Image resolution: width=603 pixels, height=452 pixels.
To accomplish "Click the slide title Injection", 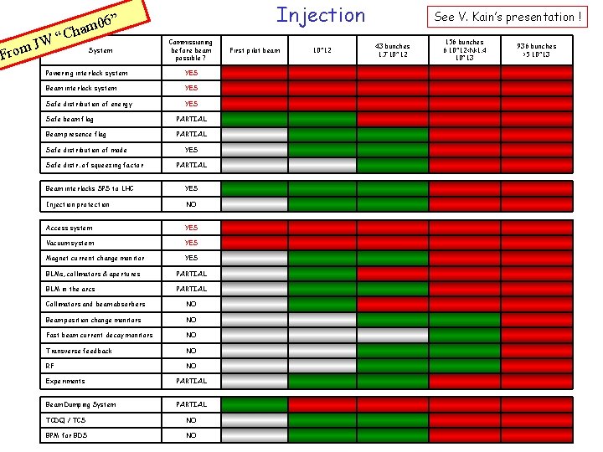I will (x=321, y=15).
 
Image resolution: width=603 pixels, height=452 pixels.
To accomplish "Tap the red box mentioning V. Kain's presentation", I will (x=508, y=16).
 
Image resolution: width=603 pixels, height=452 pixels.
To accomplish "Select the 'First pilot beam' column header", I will (x=255, y=50).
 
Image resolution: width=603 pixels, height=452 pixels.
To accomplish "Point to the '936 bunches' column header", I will (x=536, y=50).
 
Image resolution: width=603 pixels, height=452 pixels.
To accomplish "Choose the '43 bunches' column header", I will (x=392, y=50).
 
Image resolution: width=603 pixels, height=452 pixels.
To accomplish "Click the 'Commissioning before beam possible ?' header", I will (x=191, y=50).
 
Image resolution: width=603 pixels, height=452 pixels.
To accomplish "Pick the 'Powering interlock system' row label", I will (x=87, y=73).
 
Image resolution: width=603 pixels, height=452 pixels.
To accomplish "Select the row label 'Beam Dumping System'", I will (x=81, y=404).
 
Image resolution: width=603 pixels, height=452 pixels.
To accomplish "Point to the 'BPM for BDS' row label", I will (x=66, y=435).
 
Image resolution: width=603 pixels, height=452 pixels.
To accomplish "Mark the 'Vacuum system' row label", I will (x=70, y=243).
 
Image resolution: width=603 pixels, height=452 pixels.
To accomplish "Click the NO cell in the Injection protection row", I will (x=191, y=204).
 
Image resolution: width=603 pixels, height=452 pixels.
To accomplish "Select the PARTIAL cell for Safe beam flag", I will (x=191, y=119).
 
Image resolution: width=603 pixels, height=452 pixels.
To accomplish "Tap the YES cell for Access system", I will (x=191, y=228).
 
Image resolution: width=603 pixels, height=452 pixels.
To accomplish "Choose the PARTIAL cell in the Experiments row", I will (x=191, y=381).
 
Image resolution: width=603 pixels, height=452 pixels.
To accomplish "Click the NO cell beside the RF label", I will (x=191, y=366).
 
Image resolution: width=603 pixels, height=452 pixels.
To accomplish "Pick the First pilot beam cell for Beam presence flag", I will (x=255, y=134).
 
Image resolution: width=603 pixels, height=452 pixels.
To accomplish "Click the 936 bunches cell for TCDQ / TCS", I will (x=536, y=420).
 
